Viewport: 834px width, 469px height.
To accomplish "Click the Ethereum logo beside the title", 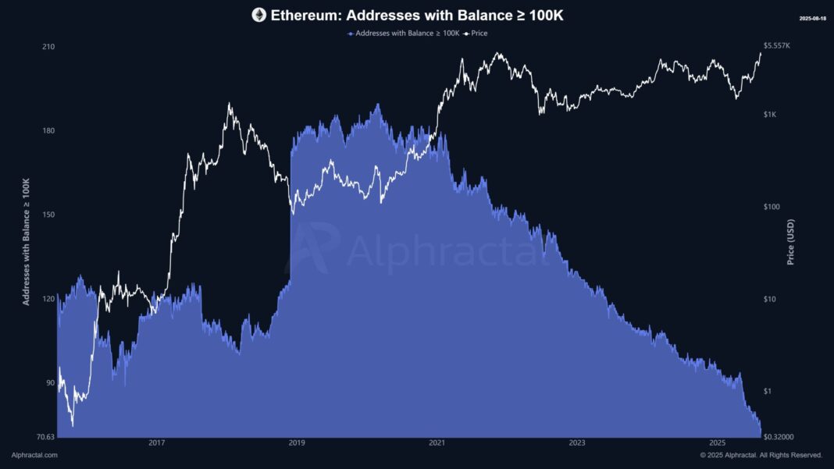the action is pos(259,15).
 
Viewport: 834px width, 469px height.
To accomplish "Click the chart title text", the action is pos(417,16).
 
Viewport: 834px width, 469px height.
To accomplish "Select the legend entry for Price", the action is pos(475,33).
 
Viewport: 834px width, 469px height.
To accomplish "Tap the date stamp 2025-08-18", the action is pos(812,19).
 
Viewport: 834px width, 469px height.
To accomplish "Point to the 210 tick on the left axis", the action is pos(48,47).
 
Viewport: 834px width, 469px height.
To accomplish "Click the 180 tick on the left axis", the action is pos(48,131).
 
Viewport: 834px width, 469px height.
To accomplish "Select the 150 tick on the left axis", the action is pos(48,215).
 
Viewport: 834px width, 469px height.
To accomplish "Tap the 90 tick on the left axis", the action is pos(50,383).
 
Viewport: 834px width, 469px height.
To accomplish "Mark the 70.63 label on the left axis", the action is pos(46,437).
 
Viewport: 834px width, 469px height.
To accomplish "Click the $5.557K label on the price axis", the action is pos(776,46).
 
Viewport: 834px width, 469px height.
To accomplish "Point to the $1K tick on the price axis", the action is pos(770,115).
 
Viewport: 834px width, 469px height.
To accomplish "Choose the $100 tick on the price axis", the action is pos(772,207).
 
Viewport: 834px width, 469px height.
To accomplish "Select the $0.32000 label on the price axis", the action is pos(779,437).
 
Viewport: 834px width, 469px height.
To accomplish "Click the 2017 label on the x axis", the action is pos(156,443).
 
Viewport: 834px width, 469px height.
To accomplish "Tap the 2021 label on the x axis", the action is pos(437,443).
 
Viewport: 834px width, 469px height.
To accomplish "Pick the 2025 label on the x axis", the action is pos(717,443).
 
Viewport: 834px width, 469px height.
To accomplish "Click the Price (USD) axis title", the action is pos(790,242).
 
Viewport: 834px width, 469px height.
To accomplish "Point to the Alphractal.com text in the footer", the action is pos(34,455).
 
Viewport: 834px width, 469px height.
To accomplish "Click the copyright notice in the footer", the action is pos(761,455).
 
